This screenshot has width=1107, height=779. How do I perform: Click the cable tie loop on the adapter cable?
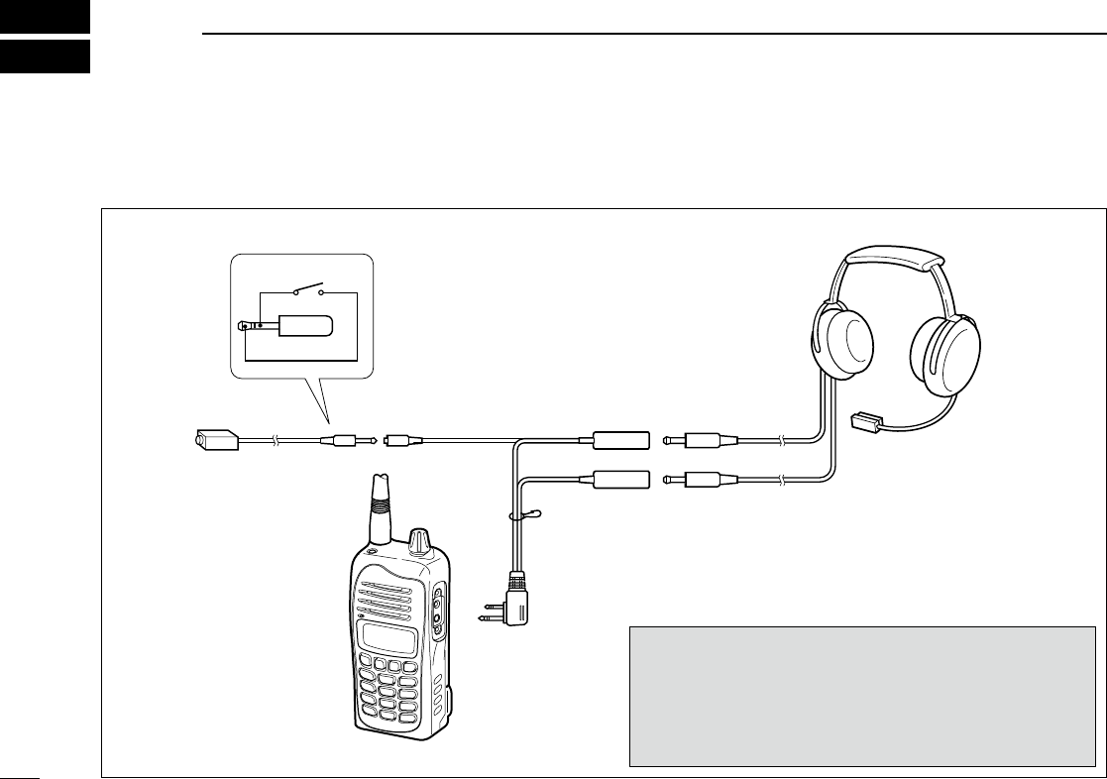[x=522, y=514]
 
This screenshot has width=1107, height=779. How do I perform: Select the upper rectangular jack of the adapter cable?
[x=619, y=439]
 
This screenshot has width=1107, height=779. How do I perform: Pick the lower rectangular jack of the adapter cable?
[x=619, y=480]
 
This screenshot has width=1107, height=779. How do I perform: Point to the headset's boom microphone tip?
[x=867, y=421]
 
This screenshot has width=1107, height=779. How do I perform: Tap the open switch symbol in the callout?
[x=307, y=291]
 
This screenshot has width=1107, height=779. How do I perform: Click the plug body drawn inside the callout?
[x=305, y=325]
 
